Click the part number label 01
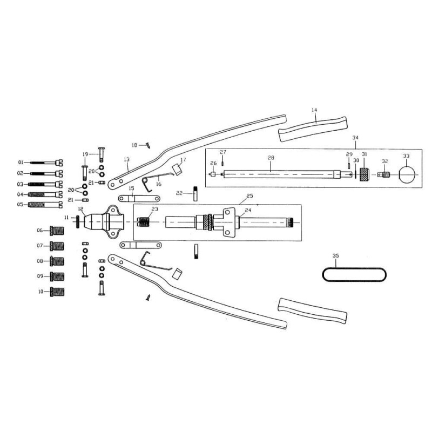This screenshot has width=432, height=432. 21,163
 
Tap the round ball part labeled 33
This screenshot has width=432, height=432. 407,174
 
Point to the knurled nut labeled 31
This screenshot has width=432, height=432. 365,174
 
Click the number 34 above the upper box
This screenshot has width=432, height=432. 355,138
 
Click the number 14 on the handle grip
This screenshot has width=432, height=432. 314,110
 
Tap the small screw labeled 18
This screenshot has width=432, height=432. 148,145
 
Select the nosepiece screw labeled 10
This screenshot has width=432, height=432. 57,292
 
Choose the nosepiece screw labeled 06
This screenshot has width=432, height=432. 57,231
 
